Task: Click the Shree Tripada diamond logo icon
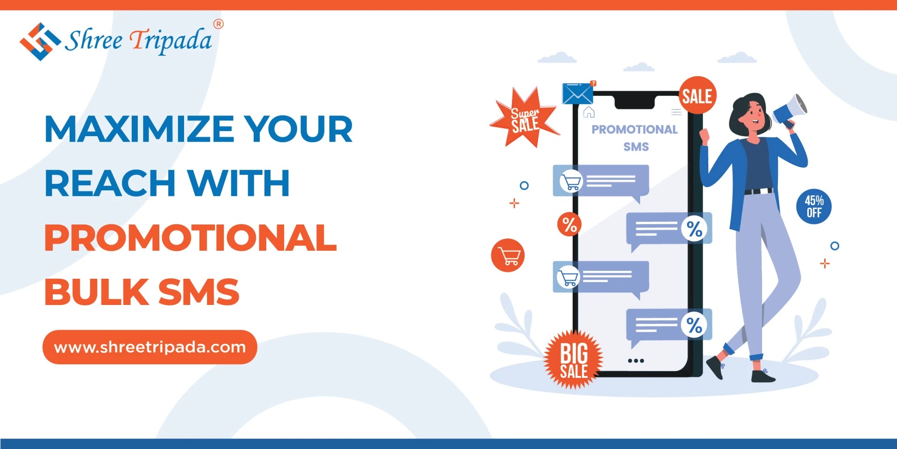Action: coord(40,42)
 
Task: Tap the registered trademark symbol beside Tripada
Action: coord(218,24)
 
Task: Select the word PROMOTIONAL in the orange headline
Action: coord(190,238)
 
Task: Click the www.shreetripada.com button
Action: coord(150,347)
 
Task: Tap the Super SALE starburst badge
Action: coord(525,119)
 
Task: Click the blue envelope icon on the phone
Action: coord(577,94)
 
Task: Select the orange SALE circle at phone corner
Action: coord(697,95)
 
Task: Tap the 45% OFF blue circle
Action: coord(814,206)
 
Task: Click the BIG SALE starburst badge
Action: coord(573,360)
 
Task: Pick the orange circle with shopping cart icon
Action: coord(508,255)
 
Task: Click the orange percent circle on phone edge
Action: coord(569,224)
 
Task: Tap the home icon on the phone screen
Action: coord(589,112)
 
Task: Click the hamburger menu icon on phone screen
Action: coord(676,112)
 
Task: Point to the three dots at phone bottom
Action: coord(636,361)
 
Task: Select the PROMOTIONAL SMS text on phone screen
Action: coord(635,138)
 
